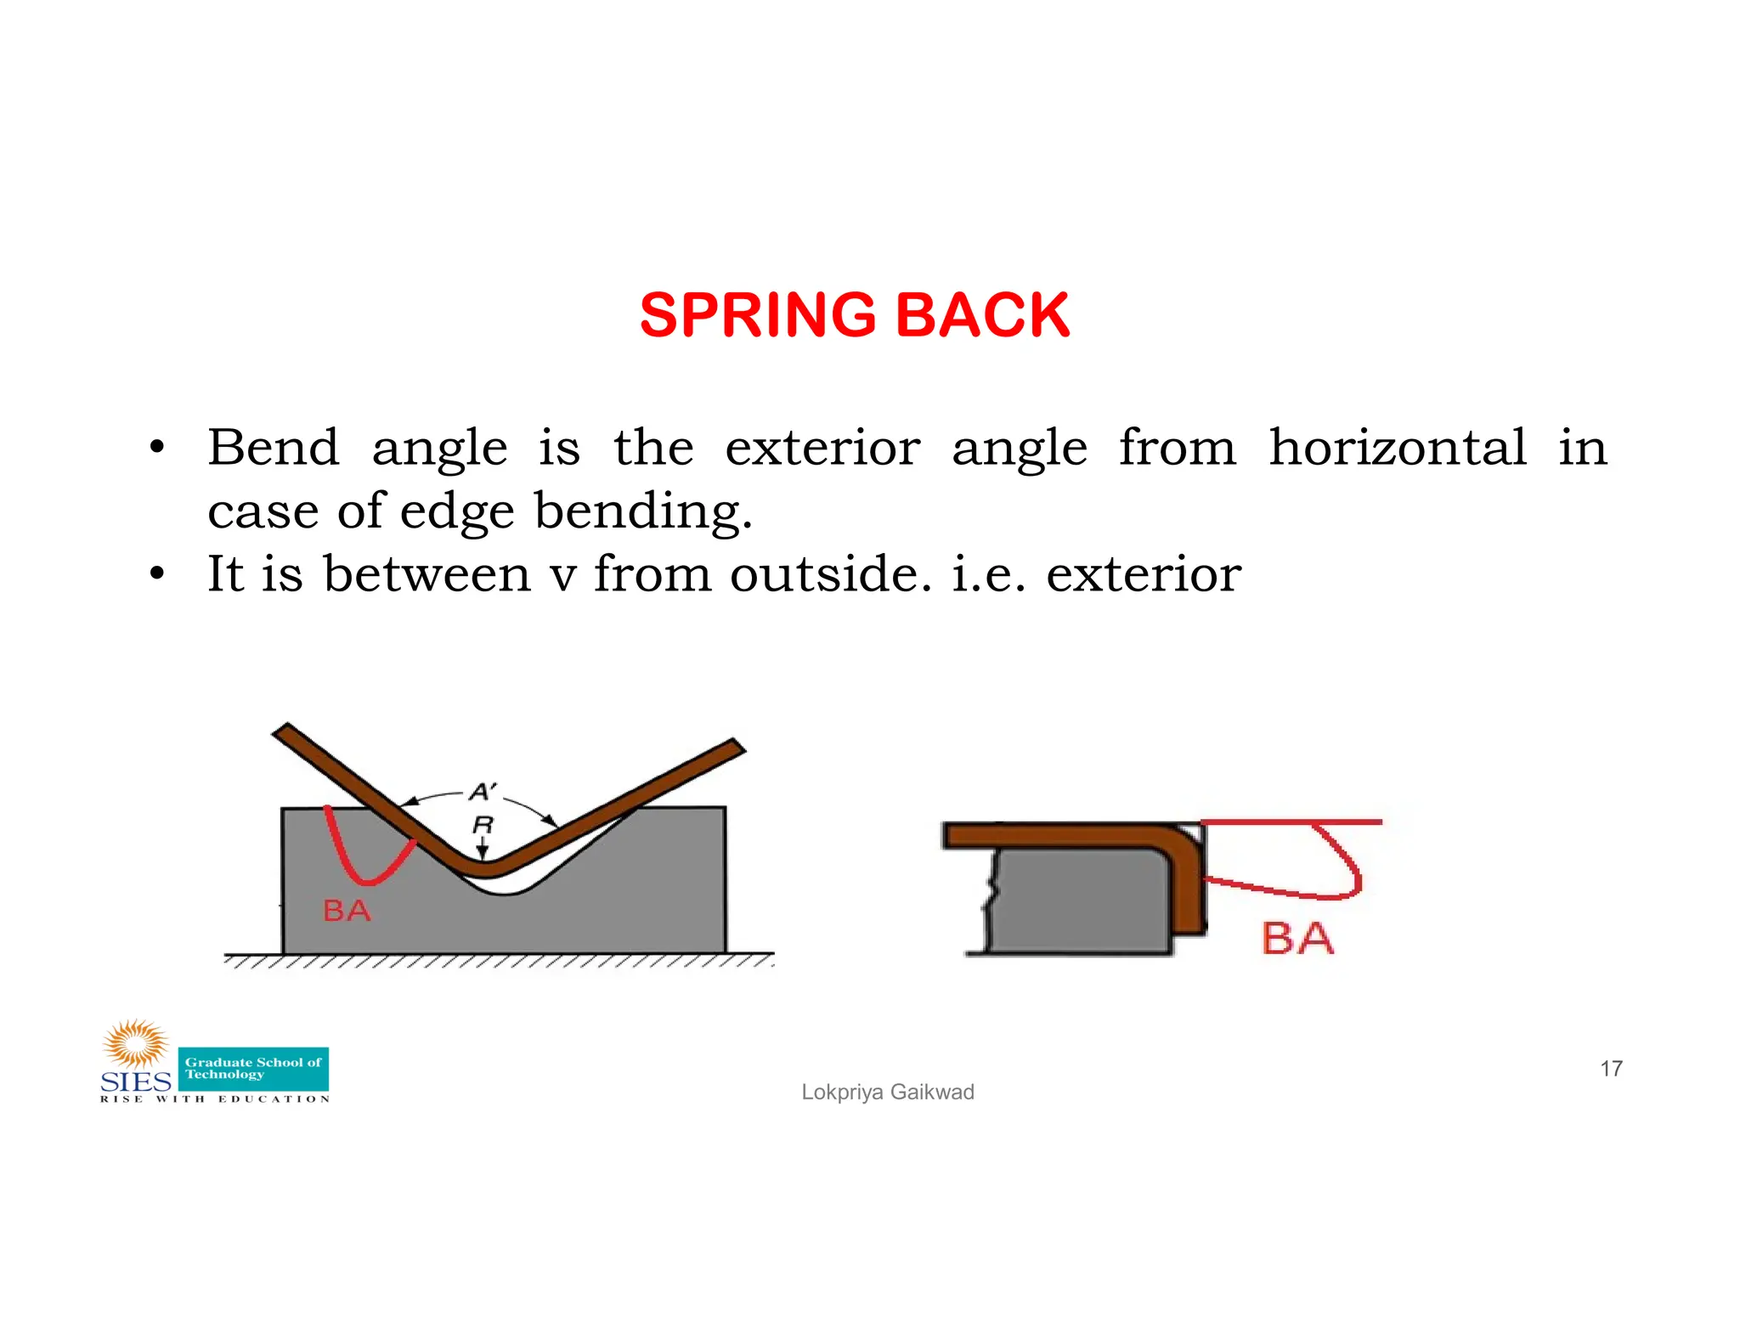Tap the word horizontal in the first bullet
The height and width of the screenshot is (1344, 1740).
coord(1397,448)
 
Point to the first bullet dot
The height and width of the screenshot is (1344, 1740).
coord(155,448)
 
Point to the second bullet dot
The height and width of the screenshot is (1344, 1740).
coord(155,574)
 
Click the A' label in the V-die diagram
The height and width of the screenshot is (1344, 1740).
coord(483,792)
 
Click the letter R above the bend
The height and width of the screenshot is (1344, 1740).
coord(483,824)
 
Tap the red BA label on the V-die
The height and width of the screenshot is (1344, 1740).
coord(347,911)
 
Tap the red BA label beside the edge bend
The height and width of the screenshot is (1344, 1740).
coord(1297,939)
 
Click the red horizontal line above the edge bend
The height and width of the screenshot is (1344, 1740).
coord(1291,822)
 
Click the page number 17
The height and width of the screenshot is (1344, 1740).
coord(1611,1069)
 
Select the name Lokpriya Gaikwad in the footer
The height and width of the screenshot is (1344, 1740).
coord(887,1092)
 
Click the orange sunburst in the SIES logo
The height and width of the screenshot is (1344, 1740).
coord(136,1043)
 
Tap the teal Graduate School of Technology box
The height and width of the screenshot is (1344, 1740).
coord(253,1069)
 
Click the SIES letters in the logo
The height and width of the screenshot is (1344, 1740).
coord(136,1082)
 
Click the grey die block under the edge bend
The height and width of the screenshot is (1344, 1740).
coord(1079,901)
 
